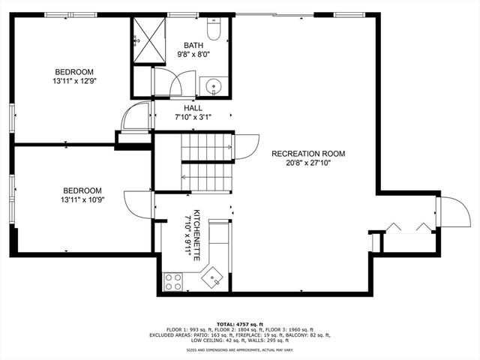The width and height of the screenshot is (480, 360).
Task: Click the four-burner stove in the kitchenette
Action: pos(173,282)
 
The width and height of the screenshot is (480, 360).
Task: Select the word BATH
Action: pos(193,44)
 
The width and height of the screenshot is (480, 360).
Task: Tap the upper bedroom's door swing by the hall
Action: pos(136,118)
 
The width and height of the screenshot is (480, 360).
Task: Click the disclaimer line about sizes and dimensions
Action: pos(241,350)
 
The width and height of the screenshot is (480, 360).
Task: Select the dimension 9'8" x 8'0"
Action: pos(193,53)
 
